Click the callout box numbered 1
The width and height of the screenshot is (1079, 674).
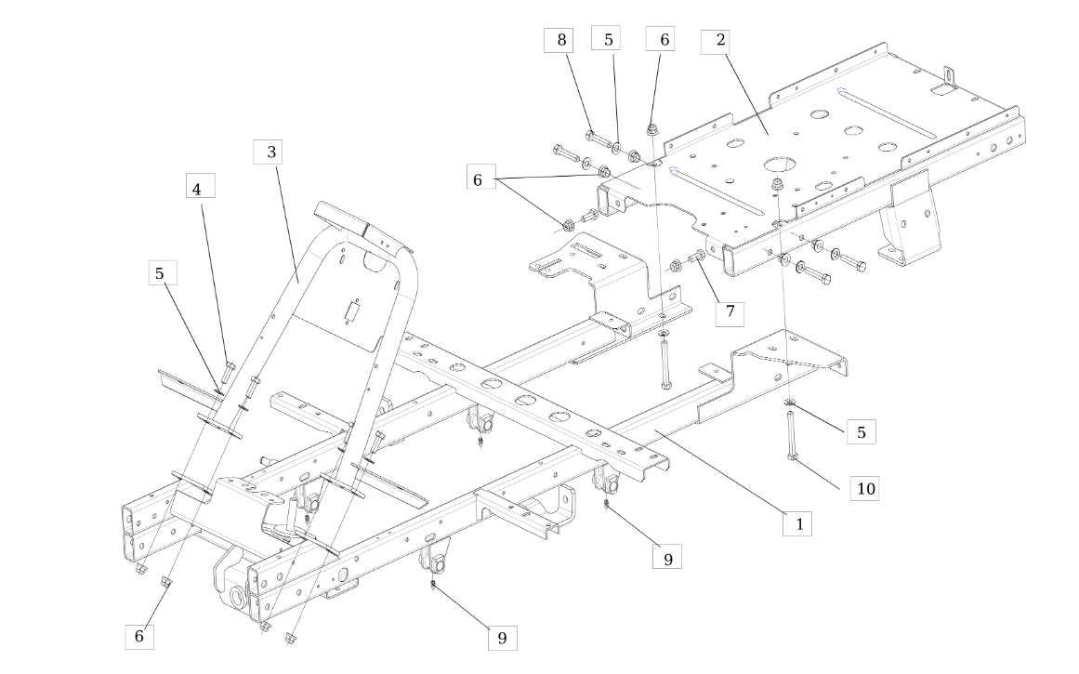798,524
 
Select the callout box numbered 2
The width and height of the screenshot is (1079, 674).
720,41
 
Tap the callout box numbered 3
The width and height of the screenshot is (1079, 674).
271,152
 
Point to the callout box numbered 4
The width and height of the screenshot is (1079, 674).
200,186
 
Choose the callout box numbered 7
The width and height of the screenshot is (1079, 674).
730,311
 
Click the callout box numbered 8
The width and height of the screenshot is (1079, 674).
561,40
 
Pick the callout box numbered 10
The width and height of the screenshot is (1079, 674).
864,488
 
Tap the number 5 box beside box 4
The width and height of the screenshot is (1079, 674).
163,273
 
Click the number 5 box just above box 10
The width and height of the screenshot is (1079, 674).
862,432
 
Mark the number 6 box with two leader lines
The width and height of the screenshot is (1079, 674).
479,179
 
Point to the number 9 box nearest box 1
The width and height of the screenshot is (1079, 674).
667,558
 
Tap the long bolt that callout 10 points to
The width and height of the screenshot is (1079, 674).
791,434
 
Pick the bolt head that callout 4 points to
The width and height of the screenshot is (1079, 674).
230,364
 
